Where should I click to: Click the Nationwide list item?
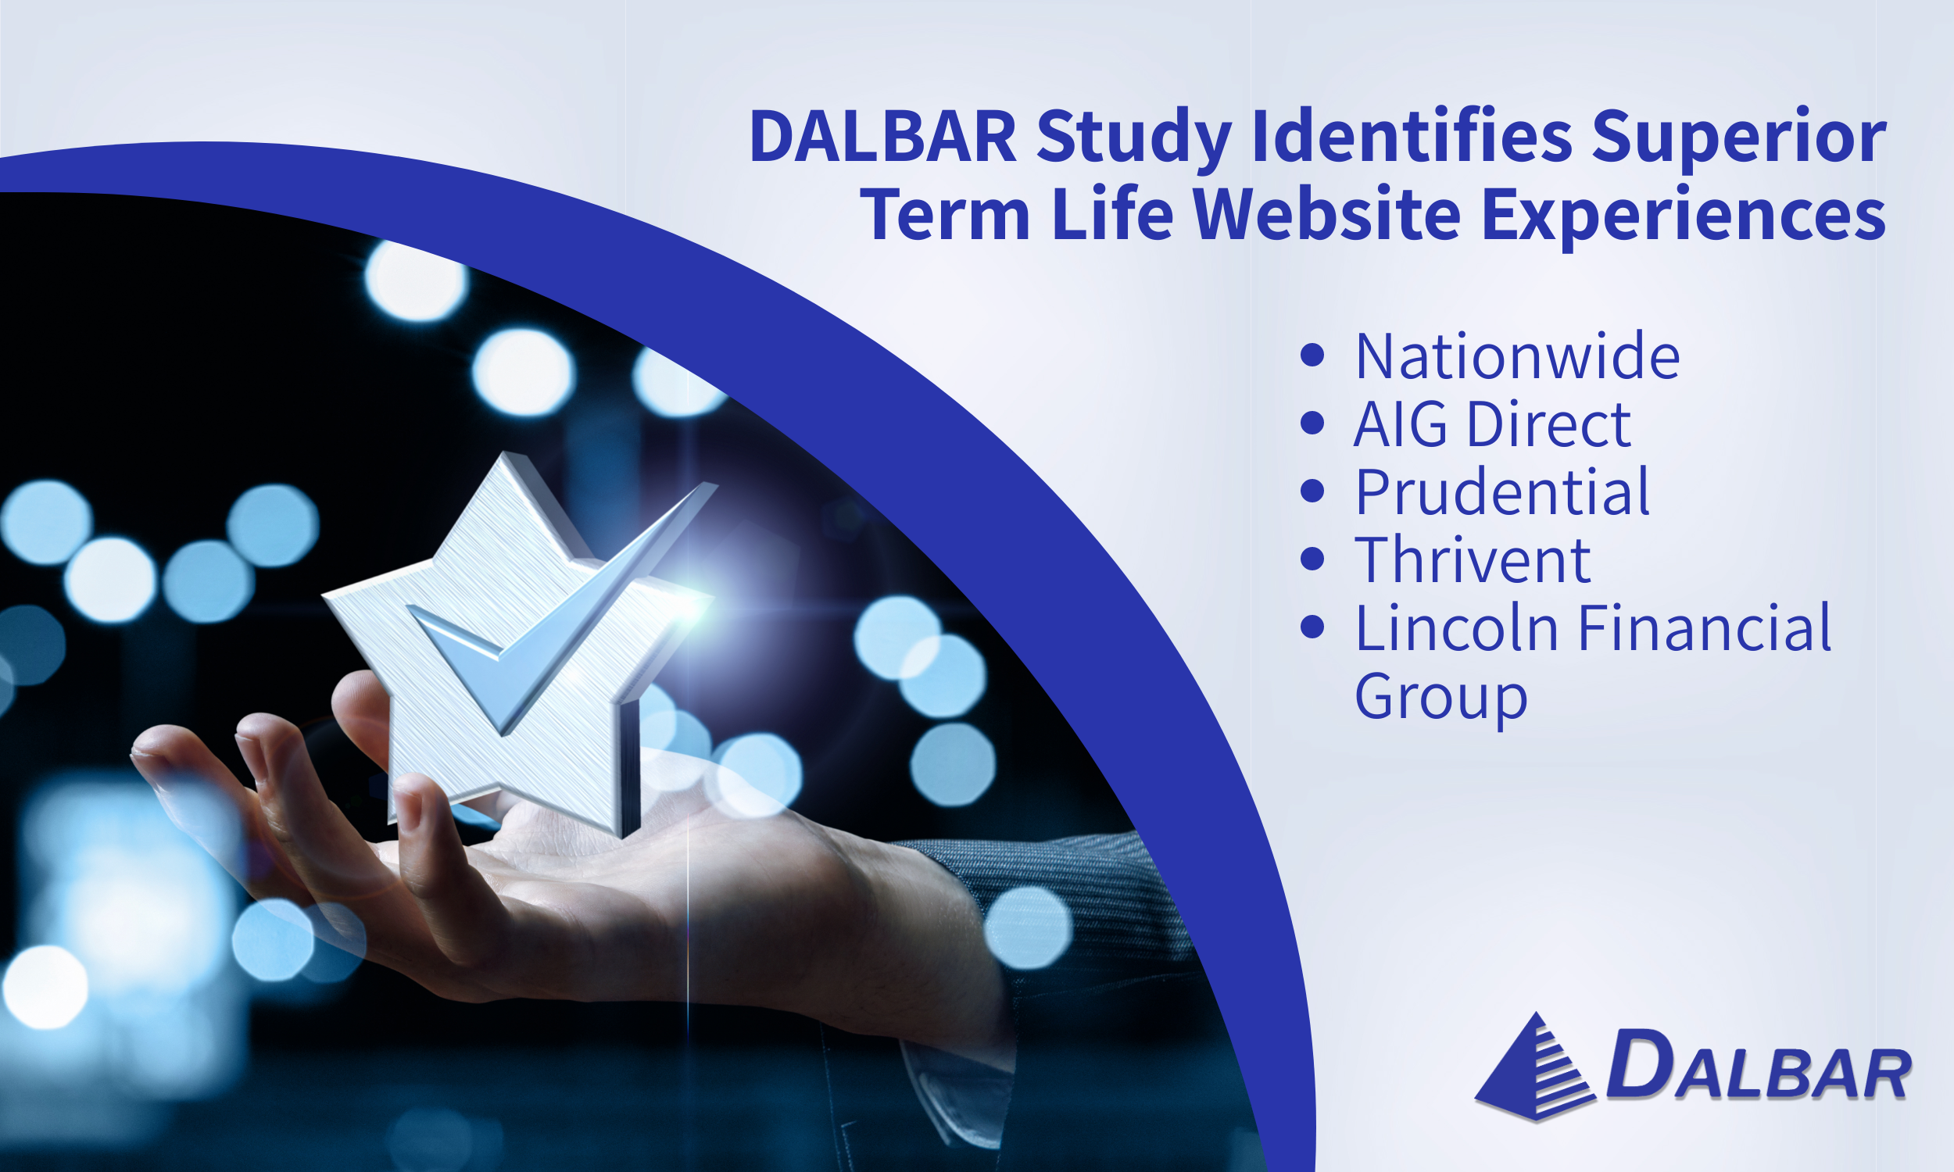(1517, 356)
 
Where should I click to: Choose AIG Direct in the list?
(1492, 424)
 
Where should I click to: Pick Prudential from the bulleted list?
(1502, 492)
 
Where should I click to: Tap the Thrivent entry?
(1473, 560)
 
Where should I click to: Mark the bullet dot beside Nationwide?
(1312, 356)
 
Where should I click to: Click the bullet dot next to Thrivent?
(1312, 559)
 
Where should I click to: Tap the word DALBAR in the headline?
(882, 138)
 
